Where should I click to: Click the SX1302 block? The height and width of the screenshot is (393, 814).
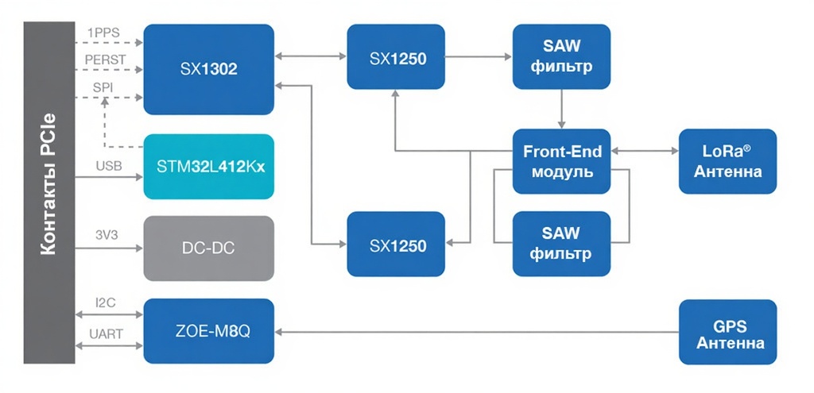point(208,69)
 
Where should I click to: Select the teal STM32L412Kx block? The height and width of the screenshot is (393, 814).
point(208,166)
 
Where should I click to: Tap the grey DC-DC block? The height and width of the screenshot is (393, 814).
point(208,248)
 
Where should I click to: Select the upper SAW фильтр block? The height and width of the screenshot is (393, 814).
point(562,56)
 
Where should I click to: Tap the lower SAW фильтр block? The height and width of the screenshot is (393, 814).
point(562,244)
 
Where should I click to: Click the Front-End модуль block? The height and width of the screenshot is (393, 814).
point(562,161)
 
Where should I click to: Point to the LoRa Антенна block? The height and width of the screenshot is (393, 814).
point(727,161)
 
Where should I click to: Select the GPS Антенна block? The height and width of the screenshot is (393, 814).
point(727,332)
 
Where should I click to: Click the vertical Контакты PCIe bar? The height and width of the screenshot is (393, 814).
point(49,192)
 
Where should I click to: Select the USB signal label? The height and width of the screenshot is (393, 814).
point(109,166)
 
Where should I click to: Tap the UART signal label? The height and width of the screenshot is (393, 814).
point(105,334)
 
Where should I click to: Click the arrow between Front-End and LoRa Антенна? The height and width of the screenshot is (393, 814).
point(645,150)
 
